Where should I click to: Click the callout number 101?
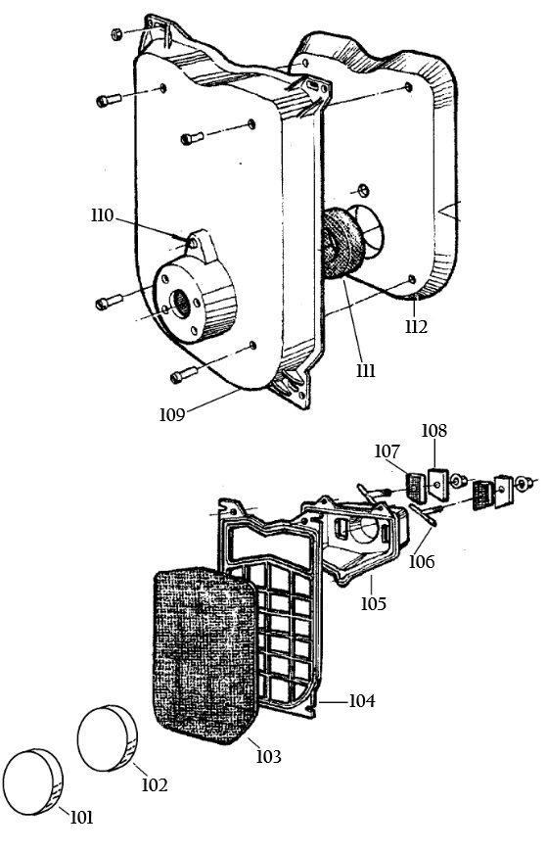[81, 817]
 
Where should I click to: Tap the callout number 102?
[155, 784]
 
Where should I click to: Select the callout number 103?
[269, 756]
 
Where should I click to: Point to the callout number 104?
[361, 701]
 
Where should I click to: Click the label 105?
[374, 603]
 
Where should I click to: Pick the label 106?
[422, 561]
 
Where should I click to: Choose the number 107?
[387, 451]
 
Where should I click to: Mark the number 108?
[434, 430]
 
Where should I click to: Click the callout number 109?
[172, 414]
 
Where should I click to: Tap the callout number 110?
[103, 215]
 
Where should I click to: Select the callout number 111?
[366, 370]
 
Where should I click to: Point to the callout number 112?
[416, 326]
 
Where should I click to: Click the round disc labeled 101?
[32, 781]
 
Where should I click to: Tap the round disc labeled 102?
[108, 737]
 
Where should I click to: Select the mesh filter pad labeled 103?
[205, 655]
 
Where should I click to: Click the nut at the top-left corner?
[115, 34]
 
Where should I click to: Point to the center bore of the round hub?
[181, 305]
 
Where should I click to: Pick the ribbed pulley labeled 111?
[343, 244]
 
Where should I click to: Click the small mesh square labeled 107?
[417, 488]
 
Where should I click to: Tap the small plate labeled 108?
[438, 484]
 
